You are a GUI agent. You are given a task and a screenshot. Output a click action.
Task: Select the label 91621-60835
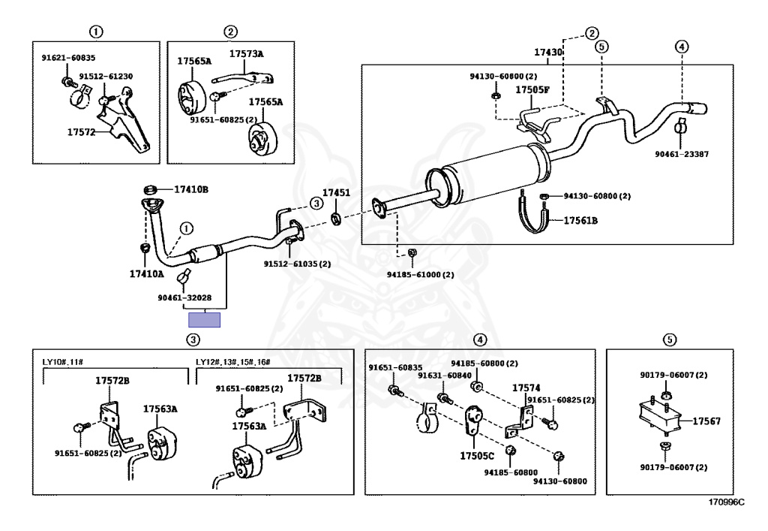pyautogui.click(x=68, y=58)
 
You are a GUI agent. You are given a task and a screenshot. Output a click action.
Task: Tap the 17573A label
pyautogui.click(x=246, y=54)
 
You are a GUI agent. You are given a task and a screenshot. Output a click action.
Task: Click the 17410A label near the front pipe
pyautogui.click(x=145, y=274)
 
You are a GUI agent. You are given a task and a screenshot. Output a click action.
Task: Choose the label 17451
pyautogui.click(x=336, y=193)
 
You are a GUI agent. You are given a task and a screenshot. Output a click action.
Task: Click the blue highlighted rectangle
pyautogui.click(x=204, y=319)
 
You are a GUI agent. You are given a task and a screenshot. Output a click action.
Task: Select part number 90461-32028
pyautogui.click(x=184, y=297)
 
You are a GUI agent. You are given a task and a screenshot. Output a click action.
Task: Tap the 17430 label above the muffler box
pyautogui.click(x=547, y=53)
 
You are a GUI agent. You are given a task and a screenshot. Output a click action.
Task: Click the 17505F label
pyautogui.click(x=532, y=90)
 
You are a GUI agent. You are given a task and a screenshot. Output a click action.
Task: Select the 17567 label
pyautogui.click(x=706, y=421)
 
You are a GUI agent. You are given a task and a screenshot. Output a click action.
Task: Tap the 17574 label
pyautogui.click(x=526, y=388)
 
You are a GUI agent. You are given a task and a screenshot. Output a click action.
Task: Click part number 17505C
pyautogui.click(x=478, y=455)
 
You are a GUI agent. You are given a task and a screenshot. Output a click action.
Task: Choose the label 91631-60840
pyautogui.click(x=445, y=376)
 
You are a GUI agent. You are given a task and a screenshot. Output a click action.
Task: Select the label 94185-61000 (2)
pyautogui.click(x=421, y=275)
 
